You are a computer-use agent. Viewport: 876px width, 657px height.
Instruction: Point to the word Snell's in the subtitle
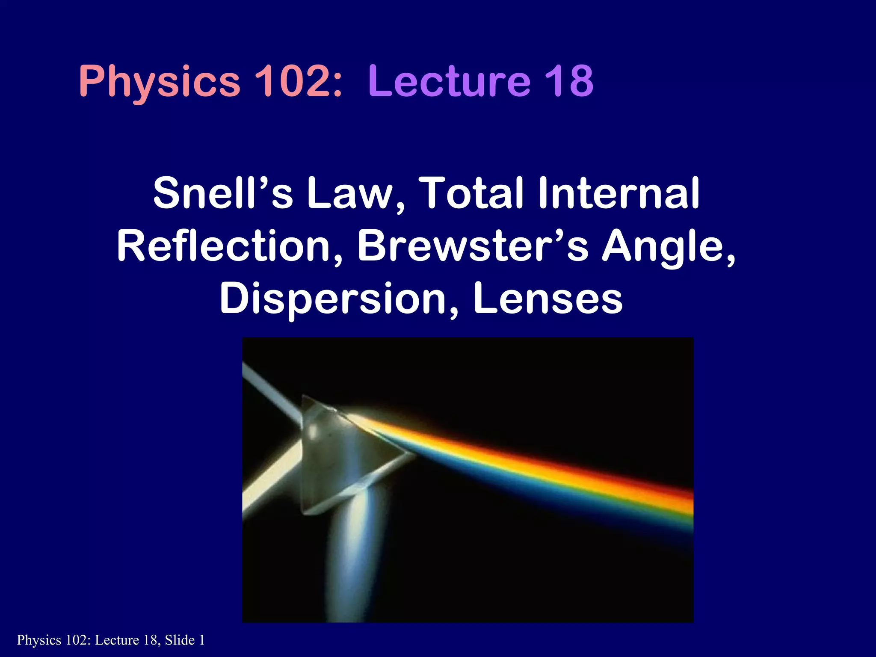[223, 193]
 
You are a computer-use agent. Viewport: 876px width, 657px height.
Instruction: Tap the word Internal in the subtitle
[619, 193]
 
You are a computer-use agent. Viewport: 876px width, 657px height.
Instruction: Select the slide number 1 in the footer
[202, 640]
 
